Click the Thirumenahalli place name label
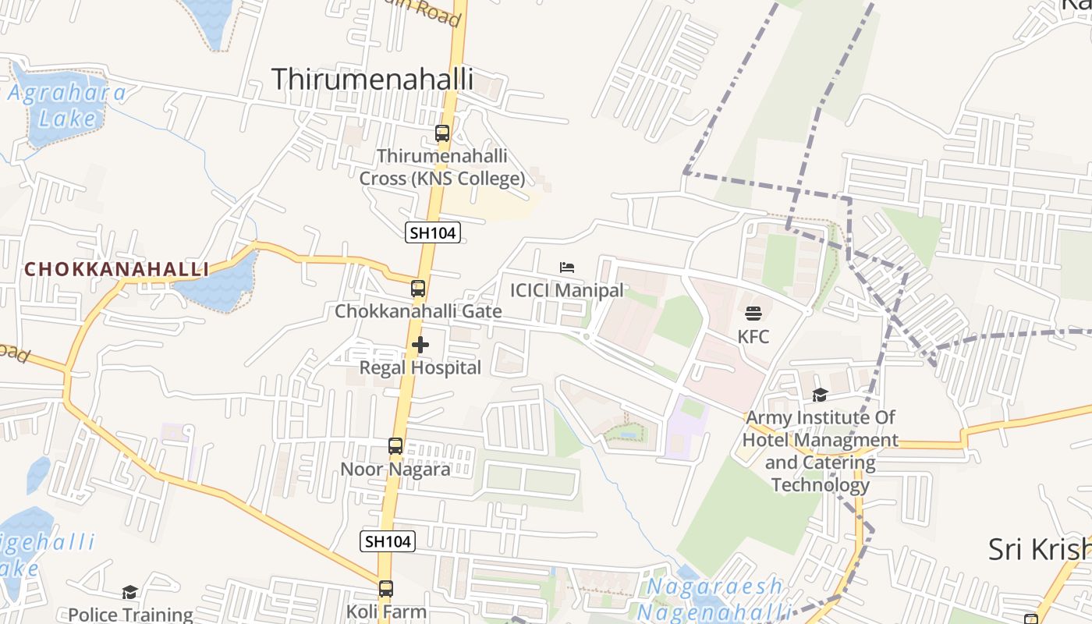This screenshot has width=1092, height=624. [372, 79]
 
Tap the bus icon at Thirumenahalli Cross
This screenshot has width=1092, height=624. [442, 133]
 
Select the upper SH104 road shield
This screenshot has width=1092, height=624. [433, 232]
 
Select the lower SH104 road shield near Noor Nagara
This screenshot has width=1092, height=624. [388, 541]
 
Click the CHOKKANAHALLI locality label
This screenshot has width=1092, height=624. [116, 269]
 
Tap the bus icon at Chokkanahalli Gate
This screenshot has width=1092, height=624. [418, 289]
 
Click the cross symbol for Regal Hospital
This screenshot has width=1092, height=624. [420, 344]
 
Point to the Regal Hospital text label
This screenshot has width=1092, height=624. [420, 367]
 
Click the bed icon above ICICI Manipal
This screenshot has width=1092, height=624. [567, 268]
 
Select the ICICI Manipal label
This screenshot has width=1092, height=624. [566, 290]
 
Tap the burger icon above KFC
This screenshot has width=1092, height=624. [753, 314]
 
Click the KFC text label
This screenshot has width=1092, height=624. [753, 337]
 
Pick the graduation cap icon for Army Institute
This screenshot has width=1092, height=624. [819, 395]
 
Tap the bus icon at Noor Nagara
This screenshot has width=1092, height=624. [395, 446]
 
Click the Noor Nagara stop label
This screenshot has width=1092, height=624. [395, 470]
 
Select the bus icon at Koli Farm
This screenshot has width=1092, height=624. [386, 589]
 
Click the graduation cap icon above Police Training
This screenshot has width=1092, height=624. [129, 593]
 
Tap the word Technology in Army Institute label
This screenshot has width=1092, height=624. [820, 485]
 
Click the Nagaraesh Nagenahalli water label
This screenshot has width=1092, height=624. [714, 597]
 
